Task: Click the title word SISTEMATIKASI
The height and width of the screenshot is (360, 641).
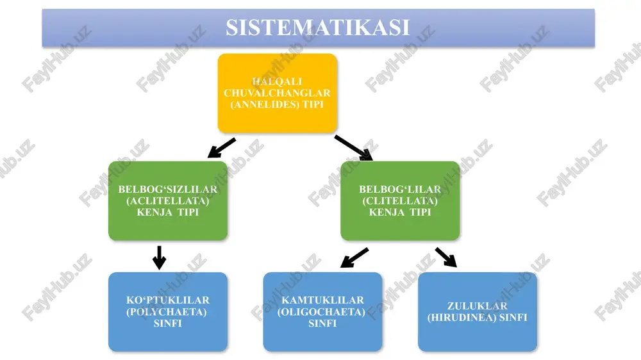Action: click(x=318, y=28)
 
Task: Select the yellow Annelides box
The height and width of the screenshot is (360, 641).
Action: click(x=278, y=93)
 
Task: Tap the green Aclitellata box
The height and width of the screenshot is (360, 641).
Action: click(x=168, y=200)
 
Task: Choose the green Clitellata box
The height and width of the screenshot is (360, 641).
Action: click(x=400, y=200)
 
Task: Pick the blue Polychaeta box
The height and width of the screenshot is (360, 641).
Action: click(x=168, y=312)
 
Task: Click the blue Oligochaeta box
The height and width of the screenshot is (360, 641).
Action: click(x=323, y=312)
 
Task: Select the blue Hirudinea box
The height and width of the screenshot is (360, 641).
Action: click(x=478, y=312)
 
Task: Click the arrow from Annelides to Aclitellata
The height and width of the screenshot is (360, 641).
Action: click(x=222, y=148)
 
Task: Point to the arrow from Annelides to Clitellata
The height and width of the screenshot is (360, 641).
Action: click(x=354, y=148)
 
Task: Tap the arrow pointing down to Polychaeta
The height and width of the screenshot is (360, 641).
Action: click(x=159, y=258)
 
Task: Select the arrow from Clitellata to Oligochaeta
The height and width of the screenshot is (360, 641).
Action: click(x=354, y=258)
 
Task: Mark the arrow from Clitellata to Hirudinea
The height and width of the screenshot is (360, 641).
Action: click(x=446, y=258)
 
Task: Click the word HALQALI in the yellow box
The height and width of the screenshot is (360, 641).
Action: click(x=277, y=82)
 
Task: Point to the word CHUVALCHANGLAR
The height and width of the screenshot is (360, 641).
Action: click(x=277, y=93)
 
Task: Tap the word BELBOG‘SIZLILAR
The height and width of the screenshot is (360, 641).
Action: click(x=168, y=190)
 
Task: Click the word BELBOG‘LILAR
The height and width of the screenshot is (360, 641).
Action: click(x=400, y=190)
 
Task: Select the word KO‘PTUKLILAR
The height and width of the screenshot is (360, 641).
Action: click(x=168, y=300)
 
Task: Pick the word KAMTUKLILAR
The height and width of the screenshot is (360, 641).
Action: click(x=323, y=300)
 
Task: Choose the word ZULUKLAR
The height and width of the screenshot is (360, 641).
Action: click(x=478, y=306)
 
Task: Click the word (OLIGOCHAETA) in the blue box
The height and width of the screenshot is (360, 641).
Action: click(x=321, y=312)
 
